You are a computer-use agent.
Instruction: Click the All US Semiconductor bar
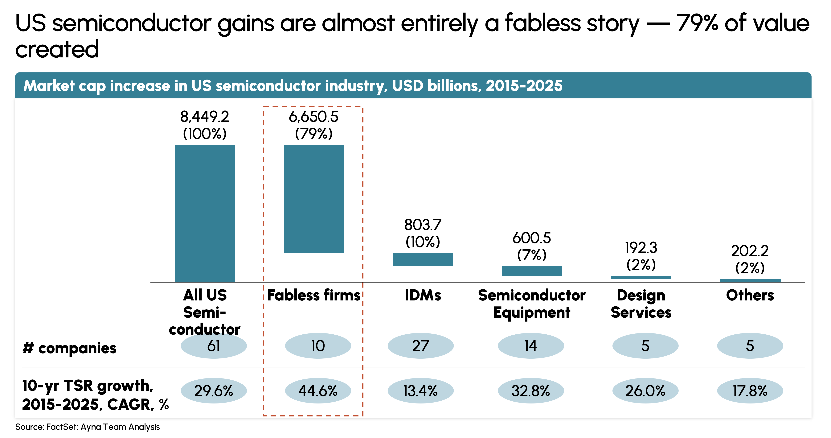tap(205, 213)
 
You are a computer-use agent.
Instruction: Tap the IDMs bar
tap(423, 259)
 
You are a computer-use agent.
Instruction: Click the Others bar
tap(750, 280)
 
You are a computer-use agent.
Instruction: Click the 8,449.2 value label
tap(205, 117)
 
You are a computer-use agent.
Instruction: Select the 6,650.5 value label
tap(313, 117)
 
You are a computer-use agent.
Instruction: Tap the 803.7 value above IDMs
tap(423, 225)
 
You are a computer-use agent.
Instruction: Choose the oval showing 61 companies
tap(214, 346)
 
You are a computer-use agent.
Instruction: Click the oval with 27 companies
tap(420, 346)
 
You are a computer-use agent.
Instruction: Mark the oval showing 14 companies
tap(531, 346)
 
